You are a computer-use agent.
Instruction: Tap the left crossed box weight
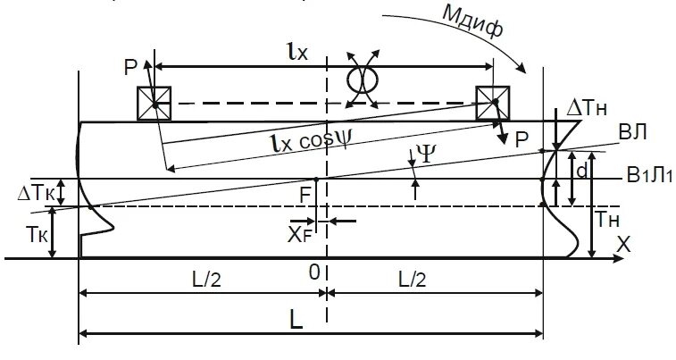tap(154, 104)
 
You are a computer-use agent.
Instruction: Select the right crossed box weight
tap(492, 103)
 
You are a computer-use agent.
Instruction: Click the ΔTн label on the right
tap(586, 107)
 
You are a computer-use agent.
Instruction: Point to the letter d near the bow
tap(581, 169)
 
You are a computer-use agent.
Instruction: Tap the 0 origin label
tap(313, 272)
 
